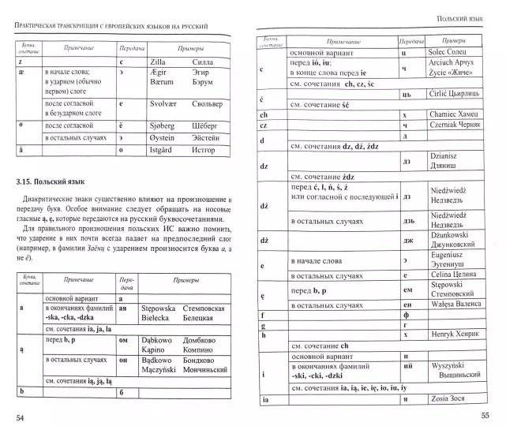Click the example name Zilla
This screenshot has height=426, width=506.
pos(154,60)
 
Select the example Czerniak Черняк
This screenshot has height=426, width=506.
pos(448,127)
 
